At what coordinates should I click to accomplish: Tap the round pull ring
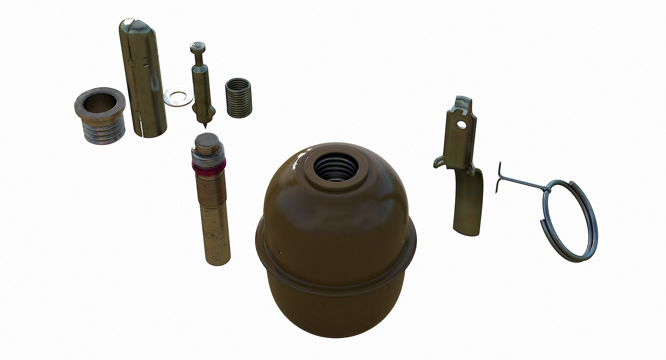569,218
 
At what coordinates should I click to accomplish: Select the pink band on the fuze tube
208,168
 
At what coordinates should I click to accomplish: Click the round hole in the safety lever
462,123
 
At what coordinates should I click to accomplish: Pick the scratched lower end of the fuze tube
217,243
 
